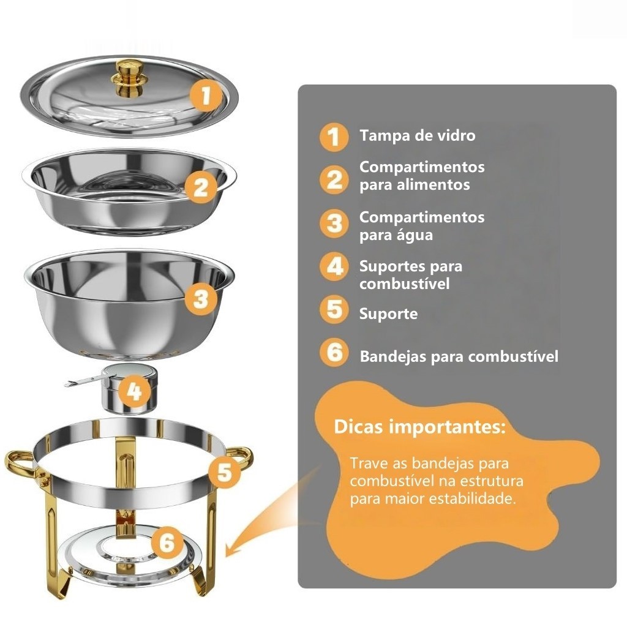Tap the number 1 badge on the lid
(206, 95)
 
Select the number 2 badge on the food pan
(201, 187)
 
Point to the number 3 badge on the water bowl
(201, 299)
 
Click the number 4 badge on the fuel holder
(134, 391)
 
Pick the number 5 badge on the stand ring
(224, 472)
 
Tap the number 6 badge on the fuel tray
(167, 543)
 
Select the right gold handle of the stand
(240, 459)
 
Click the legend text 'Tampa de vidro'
(418, 135)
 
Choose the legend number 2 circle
(334, 179)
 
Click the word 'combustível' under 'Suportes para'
(404, 283)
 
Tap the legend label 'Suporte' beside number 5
(388, 314)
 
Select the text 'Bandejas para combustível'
(459, 356)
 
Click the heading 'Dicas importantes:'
(419, 427)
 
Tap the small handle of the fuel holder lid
(83, 381)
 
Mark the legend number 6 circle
(334, 352)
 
